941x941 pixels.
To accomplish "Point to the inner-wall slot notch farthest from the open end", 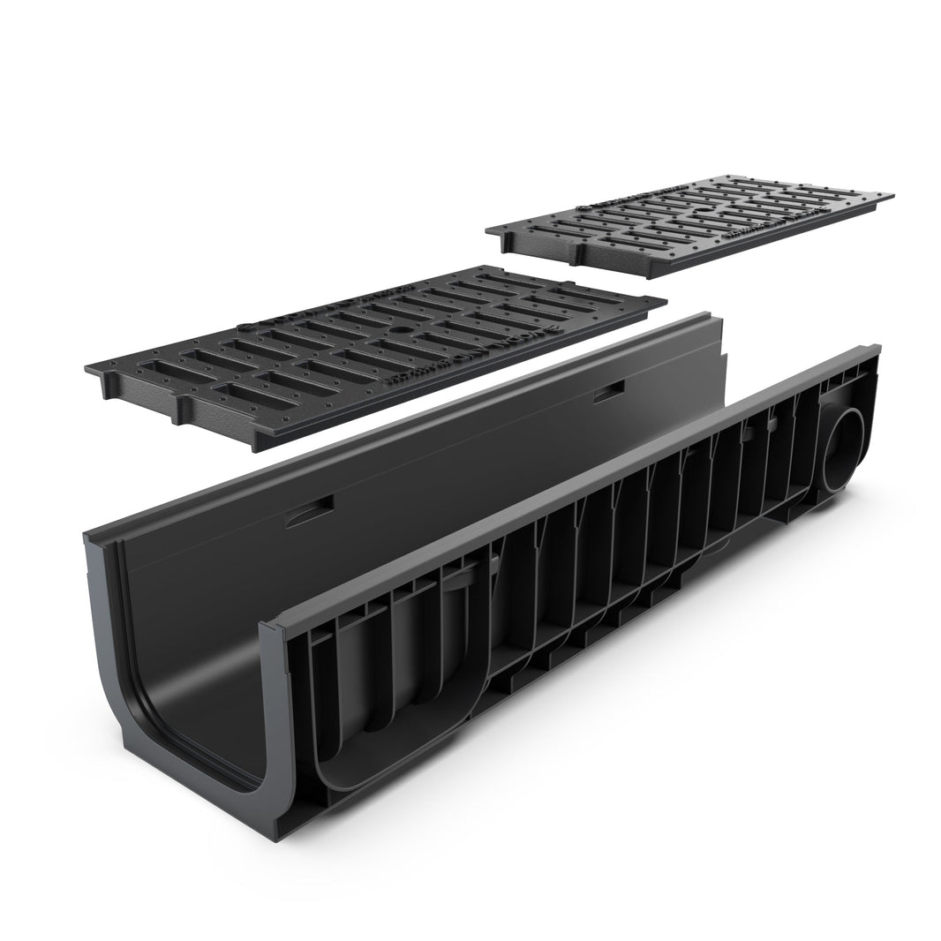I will pyautogui.click(x=609, y=395).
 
